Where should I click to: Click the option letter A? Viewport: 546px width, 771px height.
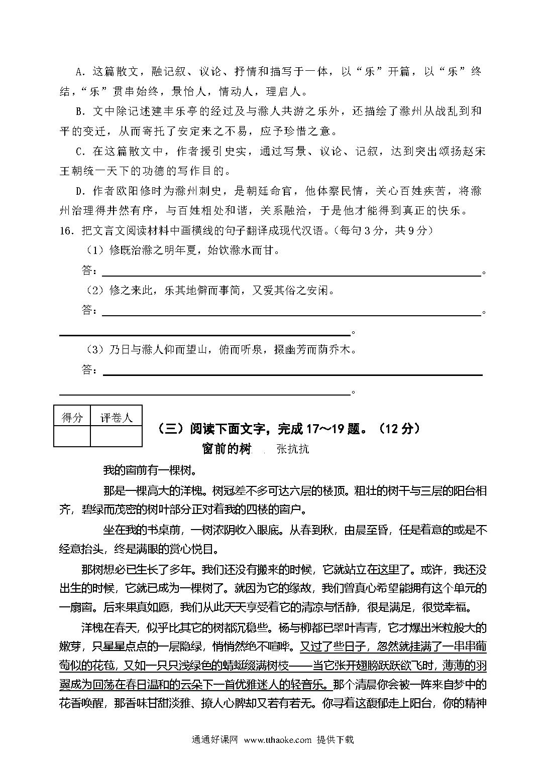[78, 72]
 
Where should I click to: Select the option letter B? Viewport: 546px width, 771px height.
[78, 111]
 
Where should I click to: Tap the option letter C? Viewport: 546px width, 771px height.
[78, 152]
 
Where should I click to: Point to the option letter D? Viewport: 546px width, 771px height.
[78, 191]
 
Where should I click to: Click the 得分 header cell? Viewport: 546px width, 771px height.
[72, 417]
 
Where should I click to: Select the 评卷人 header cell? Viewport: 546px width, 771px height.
[116, 417]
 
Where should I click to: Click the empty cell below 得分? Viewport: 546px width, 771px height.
[72, 436]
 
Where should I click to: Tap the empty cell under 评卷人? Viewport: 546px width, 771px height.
[116, 436]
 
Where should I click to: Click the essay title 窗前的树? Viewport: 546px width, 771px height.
[226, 449]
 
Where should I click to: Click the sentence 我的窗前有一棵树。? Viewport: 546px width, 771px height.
[149, 470]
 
